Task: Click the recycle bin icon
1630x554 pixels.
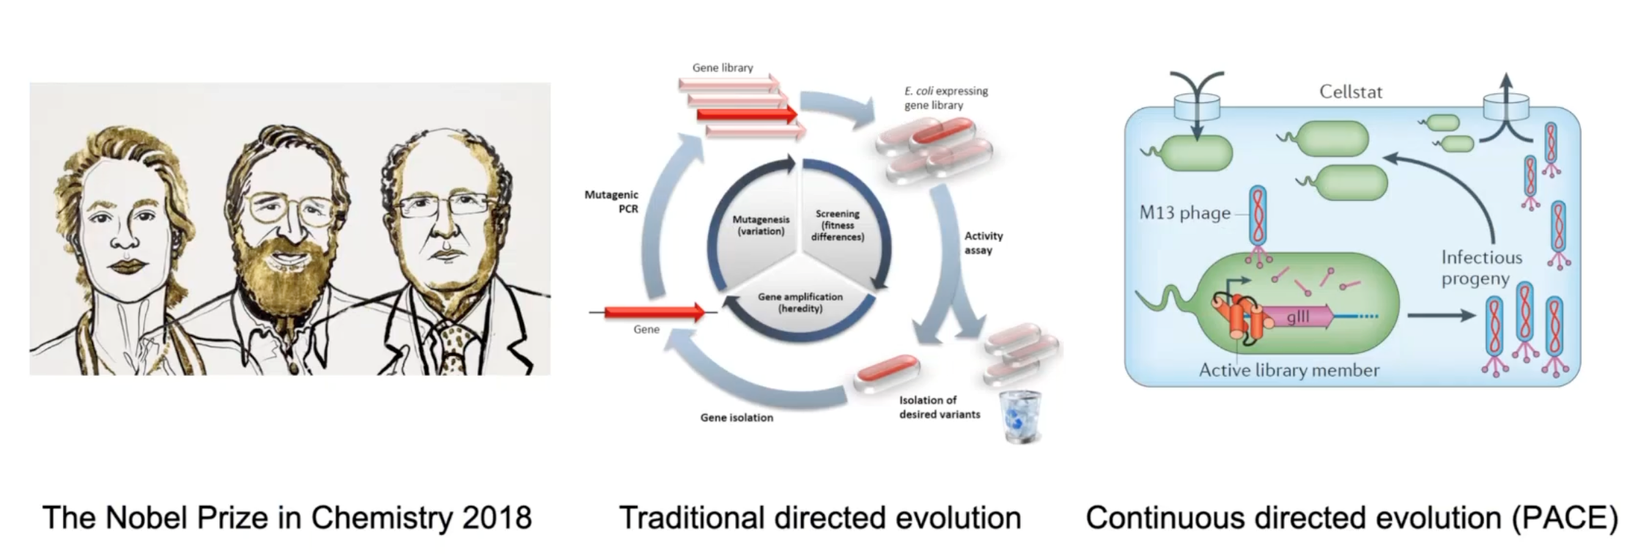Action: pos(1021,416)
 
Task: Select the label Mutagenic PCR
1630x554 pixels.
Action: pos(612,202)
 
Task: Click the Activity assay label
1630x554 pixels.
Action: pos(983,243)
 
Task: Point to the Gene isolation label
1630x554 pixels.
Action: pos(736,418)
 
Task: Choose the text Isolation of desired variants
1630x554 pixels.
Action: pos(939,407)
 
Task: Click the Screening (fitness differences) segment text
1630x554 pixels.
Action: pos(837,226)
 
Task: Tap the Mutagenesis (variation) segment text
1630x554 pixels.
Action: pos(761,225)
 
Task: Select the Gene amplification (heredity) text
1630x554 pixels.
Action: pos(800,303)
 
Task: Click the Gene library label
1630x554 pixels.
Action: pos(723,67)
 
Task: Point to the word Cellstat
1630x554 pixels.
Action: pos(1350,92)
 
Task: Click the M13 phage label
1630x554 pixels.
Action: pos(1184,213)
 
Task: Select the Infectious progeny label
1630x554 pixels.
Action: pos(1480,268)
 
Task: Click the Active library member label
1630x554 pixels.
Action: pos(1288,371)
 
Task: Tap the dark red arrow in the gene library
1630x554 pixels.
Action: pos(747,114)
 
